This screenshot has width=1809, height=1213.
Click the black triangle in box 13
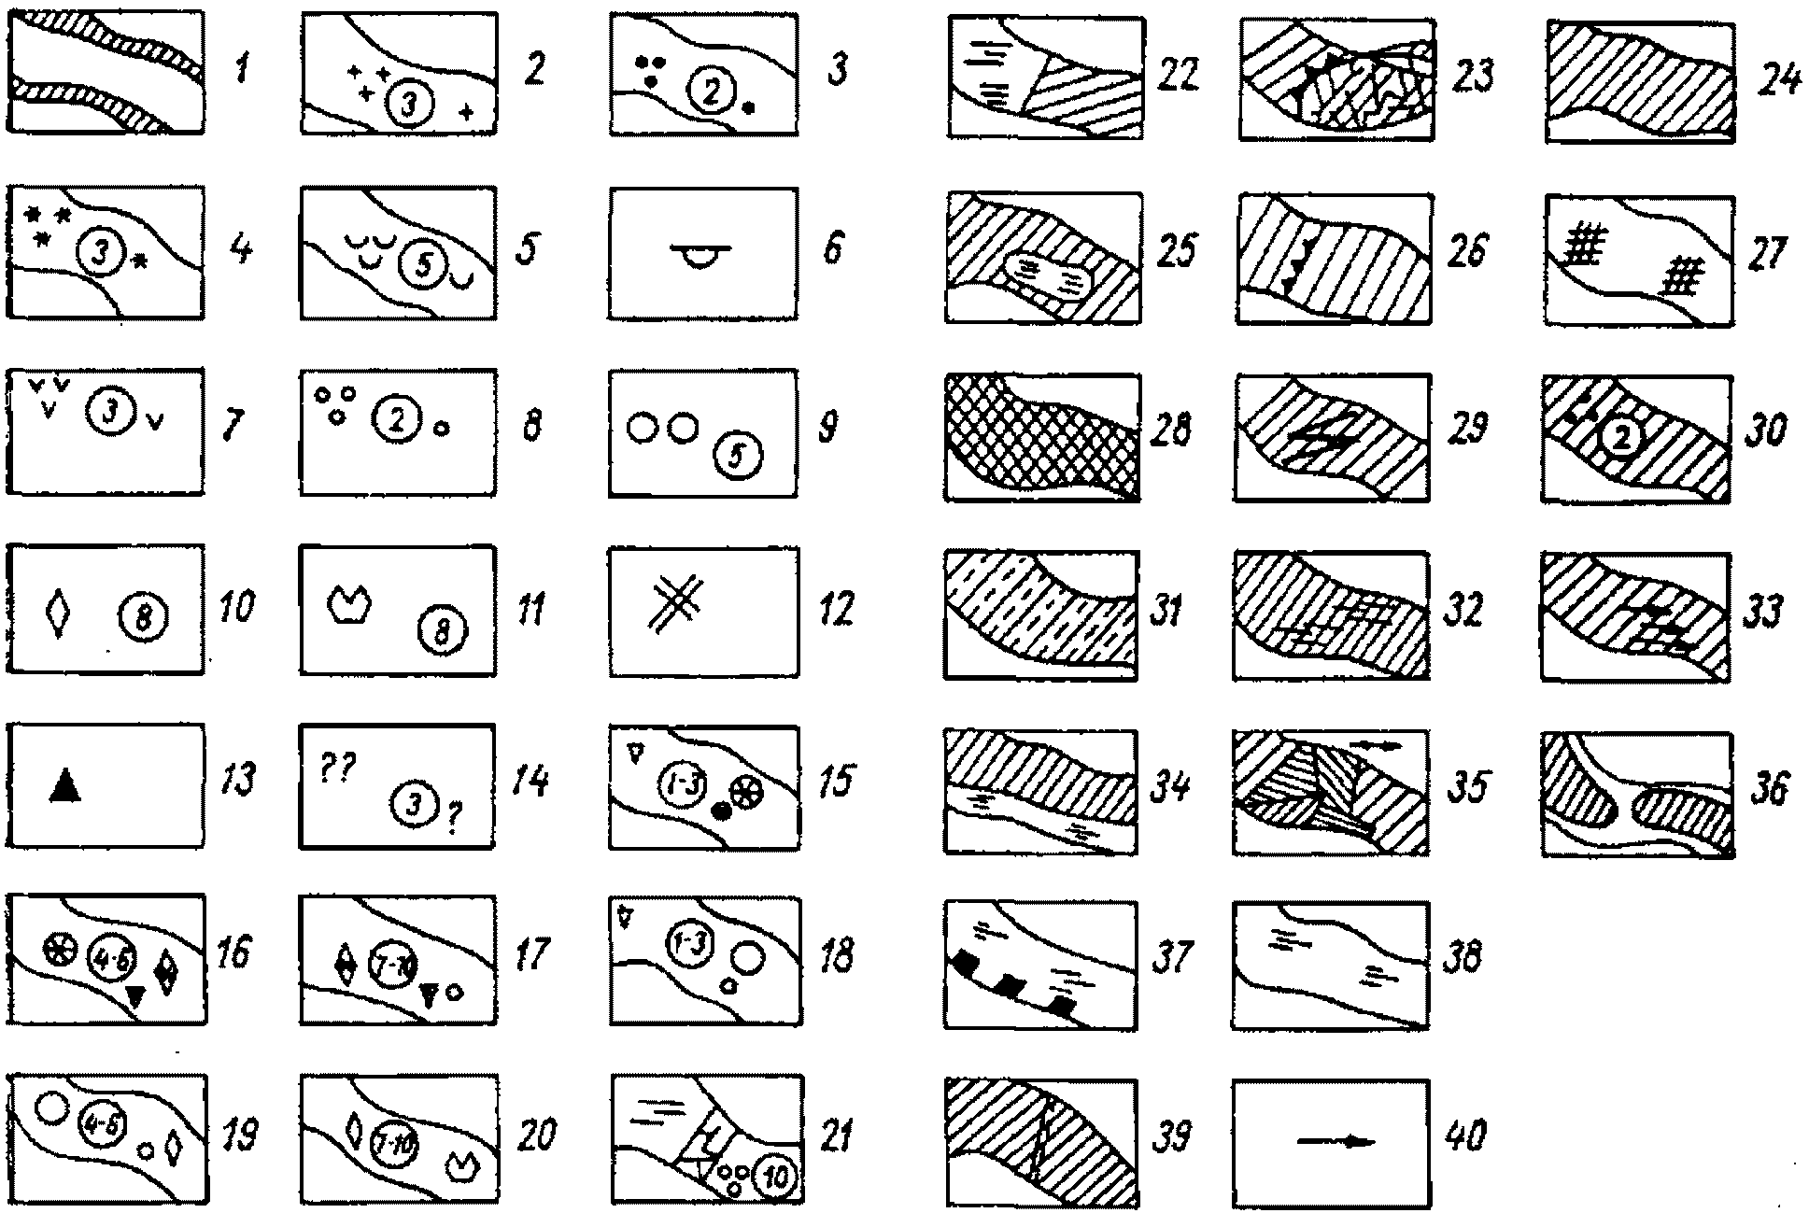[x=64, y=785]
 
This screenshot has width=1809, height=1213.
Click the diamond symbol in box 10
[x=59, y=612]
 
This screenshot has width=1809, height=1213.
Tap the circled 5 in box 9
[x=737, y=456]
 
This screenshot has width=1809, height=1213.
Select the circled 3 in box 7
[x=111, y=412]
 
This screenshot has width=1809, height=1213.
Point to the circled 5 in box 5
[x=422, y=266]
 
